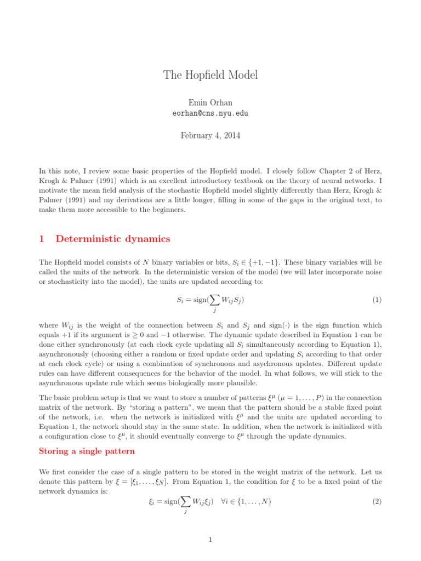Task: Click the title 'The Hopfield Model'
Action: point(210,75)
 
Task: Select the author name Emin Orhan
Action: point(210,102)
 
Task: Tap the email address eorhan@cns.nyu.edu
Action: point(210,113)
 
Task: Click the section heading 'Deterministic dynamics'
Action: point(113,238)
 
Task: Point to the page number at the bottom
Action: point(210,540)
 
